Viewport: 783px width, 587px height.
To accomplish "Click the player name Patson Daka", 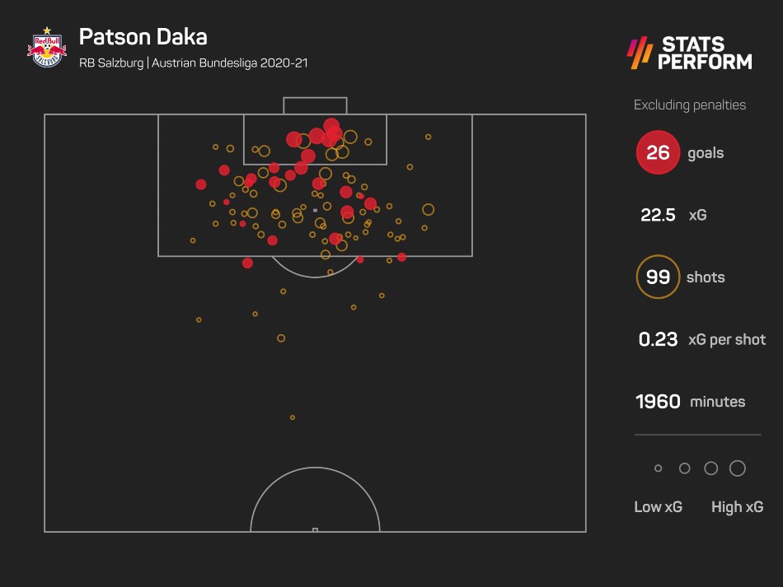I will tap(143, 37).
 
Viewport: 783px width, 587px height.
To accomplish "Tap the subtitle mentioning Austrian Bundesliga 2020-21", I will tap(194, 63).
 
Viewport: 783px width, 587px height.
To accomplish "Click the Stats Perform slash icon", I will tap(640, 53).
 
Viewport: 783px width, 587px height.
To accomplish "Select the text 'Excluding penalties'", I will tap(689, 105).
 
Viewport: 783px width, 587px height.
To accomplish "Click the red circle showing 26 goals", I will tap(658, 153).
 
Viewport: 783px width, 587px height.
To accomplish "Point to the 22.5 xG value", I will tap(658, 216).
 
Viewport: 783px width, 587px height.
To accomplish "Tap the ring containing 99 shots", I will tap(658, 277).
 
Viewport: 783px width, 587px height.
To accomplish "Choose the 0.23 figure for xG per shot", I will tap(658, 339).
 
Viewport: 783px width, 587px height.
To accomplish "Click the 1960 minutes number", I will tap(658, 402).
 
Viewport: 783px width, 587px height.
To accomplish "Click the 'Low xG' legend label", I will tap(658, 507).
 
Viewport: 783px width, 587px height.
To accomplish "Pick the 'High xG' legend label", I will tap(737, 507).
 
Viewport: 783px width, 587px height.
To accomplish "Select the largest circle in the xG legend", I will tap(738, 468).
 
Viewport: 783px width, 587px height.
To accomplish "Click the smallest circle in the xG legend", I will tap(658, 468).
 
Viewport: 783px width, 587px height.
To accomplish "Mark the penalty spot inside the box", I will tap(315, 211).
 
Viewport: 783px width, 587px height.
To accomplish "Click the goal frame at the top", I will tap(315, 105).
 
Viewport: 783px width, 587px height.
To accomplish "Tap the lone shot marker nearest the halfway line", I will tap(293, 417).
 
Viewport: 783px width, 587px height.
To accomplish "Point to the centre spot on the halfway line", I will tap(315, 529).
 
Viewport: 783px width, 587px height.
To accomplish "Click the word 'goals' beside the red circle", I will tap(706, 153).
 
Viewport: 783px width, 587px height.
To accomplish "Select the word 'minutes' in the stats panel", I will tap(717, 402).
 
